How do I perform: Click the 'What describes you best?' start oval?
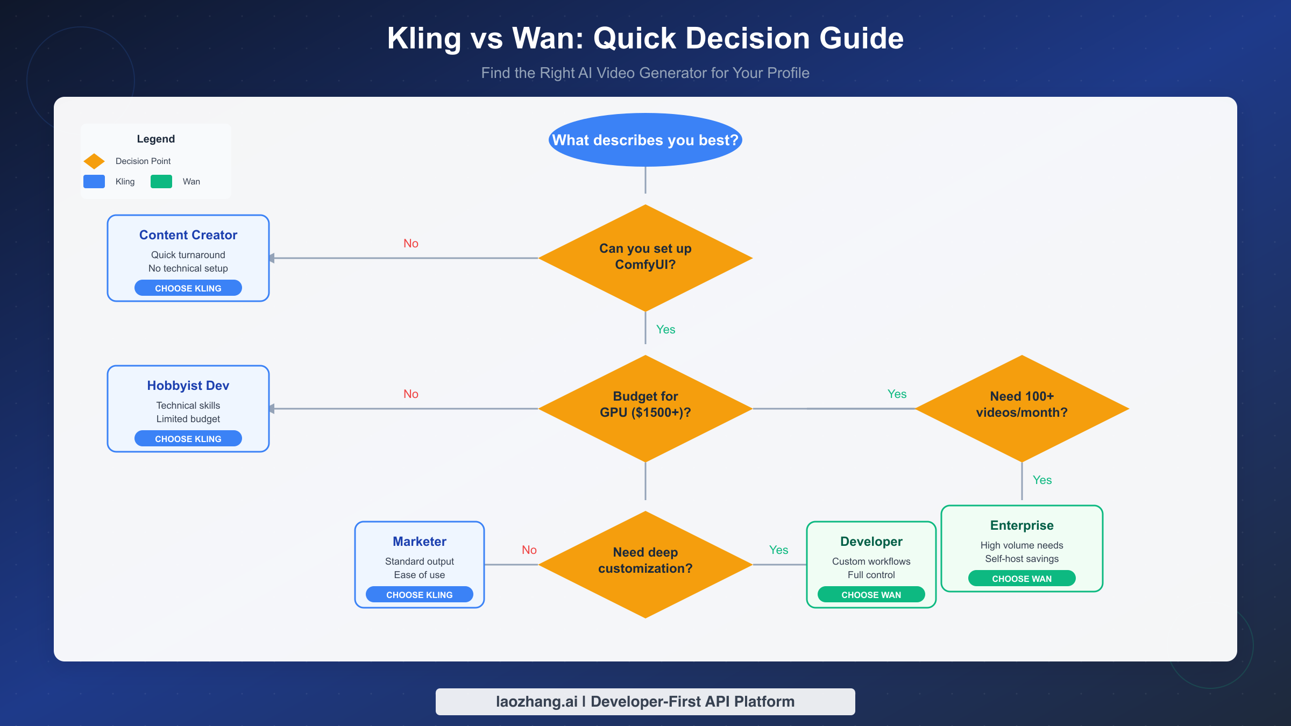(x=645, y=140)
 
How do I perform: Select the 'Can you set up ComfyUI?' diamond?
(x=645, y=257)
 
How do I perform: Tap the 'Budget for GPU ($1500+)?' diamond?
(x=645, y=408)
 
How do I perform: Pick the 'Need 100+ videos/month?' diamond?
(x=1022, y=408)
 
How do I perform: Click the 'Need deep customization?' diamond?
(x=645, y=564)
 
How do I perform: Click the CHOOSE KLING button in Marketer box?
(x=419, y=594)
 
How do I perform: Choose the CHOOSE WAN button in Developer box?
(x=871, y=594)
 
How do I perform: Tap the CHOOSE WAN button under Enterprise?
(x=1022, y=578)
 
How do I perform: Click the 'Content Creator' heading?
(x=188, y=235)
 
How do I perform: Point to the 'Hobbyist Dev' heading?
(x=188, y=386)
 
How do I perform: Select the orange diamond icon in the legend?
(x=94, y=161)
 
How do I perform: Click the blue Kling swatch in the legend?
(x=94, y=181)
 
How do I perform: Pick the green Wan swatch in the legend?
(x=161, y=181)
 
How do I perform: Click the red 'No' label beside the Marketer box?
(x=529, y=550)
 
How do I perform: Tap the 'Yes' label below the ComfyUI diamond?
(x=665, y=329)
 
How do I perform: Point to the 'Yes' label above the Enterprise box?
(x=1042, y=480)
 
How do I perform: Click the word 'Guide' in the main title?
(x=861, y=39)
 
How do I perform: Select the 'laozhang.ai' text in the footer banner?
(x=536, y=701)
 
